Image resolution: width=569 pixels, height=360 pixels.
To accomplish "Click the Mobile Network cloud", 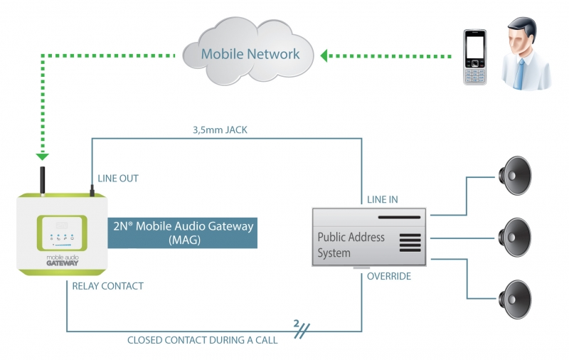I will (x=250, y=53).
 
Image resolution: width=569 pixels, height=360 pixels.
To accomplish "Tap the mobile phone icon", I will (x=474, y=57).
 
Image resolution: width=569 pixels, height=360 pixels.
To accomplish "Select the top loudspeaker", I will (x=515, y=174).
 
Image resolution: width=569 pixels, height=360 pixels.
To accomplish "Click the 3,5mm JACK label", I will (x=219, y=129).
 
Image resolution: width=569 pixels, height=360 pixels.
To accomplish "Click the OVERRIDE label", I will (x=389, y=276).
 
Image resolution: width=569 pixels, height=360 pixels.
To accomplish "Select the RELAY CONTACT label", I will (x=108, y=286).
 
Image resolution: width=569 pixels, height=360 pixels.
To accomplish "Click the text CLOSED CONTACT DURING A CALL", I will (x=202, y=340).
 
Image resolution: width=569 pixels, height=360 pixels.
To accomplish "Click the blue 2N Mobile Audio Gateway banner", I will (x=182, y=233).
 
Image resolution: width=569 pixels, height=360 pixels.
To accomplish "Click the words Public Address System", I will (x=351, y=245).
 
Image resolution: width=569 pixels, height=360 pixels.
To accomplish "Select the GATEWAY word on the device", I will (x=63, y=263).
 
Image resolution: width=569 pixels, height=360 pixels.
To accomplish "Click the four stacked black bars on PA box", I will (x=410, y=243).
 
